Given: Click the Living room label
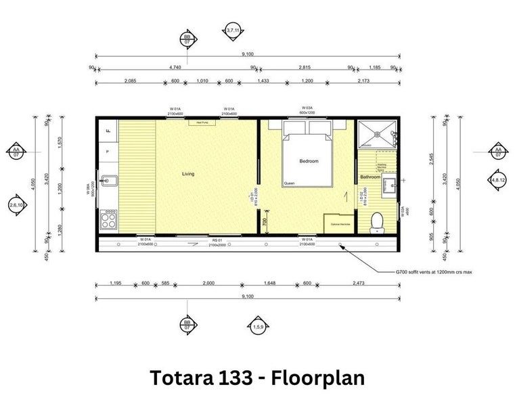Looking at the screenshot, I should (187, 174).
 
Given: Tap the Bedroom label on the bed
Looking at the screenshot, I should (308, 161).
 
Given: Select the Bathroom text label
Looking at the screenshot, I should (370, 177).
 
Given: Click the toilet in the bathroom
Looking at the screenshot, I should (378, 221).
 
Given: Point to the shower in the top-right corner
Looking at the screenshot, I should (374, 134).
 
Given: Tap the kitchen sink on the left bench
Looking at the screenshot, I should (109, 181).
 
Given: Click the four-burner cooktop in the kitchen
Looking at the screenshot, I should (108, 219).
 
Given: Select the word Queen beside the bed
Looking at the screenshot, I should (290, 183).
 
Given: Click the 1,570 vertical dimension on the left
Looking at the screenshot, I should (60, 141).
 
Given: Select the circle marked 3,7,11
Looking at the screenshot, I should (233, 30).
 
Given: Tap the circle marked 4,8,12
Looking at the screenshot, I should (497, 180).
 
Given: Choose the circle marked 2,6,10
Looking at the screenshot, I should (16, 204).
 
